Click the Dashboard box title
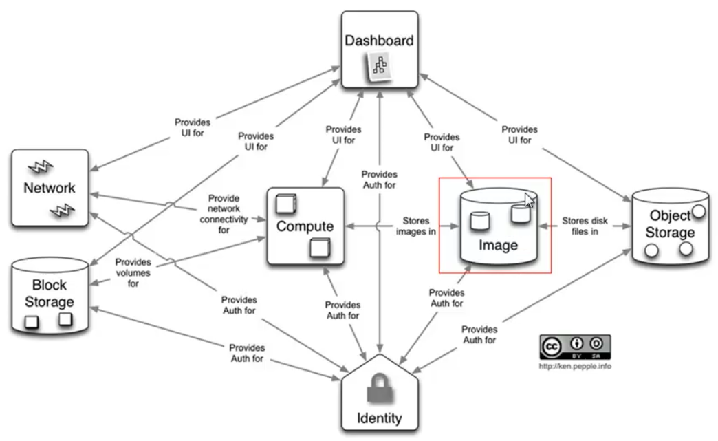379,41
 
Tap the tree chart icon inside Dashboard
379,67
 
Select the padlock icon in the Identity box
380,388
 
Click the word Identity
379,418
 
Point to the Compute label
305,226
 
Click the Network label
50,188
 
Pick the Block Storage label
50,294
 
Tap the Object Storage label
670,224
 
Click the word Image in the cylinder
498,246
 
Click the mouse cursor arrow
530,200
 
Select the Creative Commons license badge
575,347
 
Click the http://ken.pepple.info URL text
575,367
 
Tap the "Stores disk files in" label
585,226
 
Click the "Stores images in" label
416,226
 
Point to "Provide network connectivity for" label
224,214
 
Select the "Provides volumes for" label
133,272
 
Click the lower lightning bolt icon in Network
63,211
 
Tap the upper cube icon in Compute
286,204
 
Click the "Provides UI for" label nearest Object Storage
519,135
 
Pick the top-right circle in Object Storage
699,211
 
